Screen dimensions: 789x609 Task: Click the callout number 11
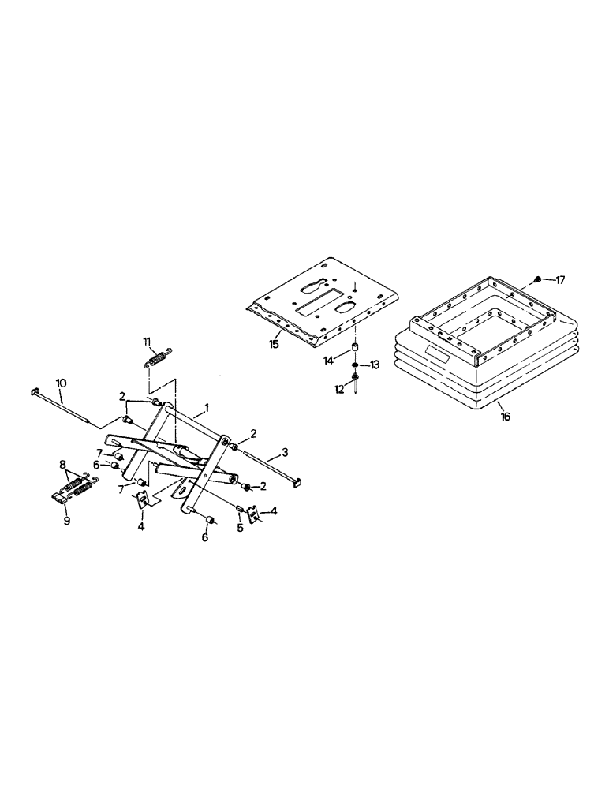coord(147,341)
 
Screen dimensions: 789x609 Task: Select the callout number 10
coord(61,383)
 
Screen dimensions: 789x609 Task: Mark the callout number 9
coord(66,521)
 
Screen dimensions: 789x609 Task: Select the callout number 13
coord(375,365)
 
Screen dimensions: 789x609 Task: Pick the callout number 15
coord(275,343)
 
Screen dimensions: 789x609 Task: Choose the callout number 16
coord(505,416)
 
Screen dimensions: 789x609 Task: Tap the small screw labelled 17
coord(537,279)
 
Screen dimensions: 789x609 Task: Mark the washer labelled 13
coord(356,365)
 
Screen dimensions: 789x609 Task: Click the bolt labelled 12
coord(357,382)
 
